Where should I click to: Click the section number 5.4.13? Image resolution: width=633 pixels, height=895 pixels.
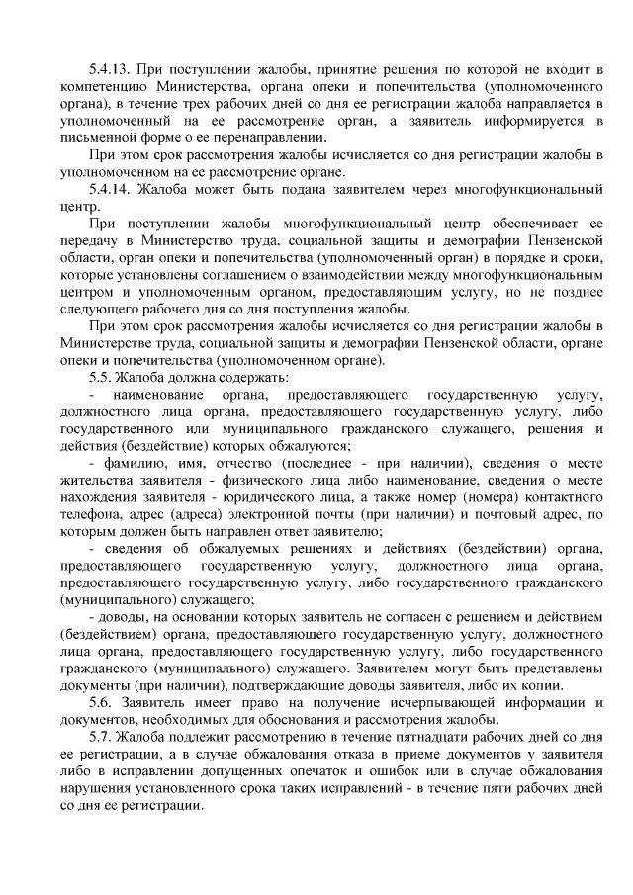tap(108, 68)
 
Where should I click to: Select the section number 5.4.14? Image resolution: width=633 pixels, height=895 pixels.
tap(108, 189)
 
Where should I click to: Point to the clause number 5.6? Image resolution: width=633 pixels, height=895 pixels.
tap(101, 701)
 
